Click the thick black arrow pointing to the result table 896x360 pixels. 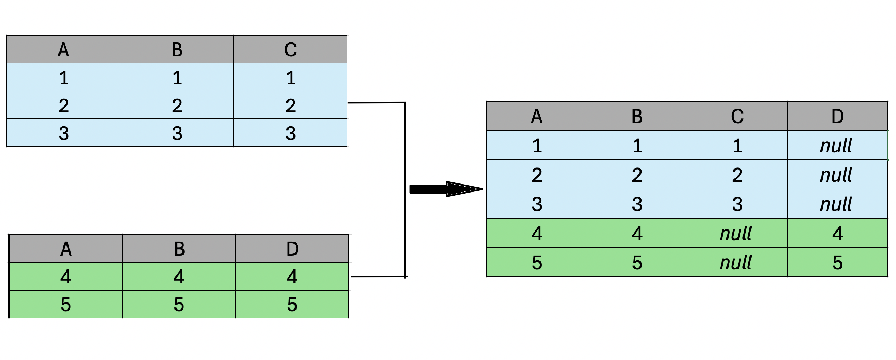tap(446, 189)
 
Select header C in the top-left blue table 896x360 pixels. tap(290, 49)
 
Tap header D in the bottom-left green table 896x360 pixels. tap(292, 249)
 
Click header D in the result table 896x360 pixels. tap(838, 116)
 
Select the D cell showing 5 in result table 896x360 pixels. tap(838, 262)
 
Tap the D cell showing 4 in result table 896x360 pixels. tap(838, 233)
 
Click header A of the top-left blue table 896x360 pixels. tap(63, 49)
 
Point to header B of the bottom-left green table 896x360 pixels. tap(179, 249)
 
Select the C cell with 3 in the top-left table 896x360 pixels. tap(290, 133)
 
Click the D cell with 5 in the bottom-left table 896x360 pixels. tap(292, 304)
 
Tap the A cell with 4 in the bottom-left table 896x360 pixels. tap(66, 276)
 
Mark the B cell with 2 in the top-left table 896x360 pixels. tap(177, 105)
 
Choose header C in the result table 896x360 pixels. tap(737, 116)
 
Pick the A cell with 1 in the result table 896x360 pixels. tap(537, 145)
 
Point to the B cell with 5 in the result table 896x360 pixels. tap(637, 262)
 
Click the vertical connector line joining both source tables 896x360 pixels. tap(405, 190)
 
